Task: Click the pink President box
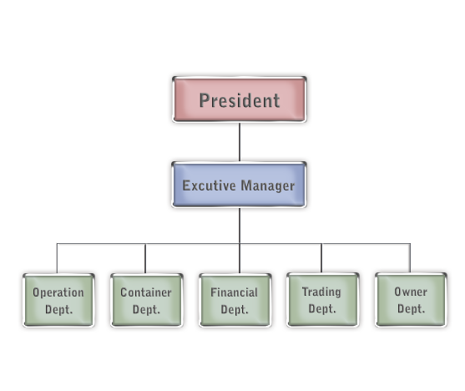point(240,99)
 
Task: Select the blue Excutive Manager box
point(239,185)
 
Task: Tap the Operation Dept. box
point(58,300)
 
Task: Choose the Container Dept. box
point(146,300)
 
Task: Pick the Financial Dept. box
point(235,300)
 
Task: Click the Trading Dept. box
point(323,300)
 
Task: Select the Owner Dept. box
point(411,300)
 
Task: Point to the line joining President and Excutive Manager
point(240,142)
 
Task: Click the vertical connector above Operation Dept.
point(57,258)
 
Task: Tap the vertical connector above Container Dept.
point(145,258)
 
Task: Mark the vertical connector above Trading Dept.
point(321,258)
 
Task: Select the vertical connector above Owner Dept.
point(410,258)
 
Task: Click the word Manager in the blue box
point(268,186)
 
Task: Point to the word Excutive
point(209,185)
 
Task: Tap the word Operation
point(58,292)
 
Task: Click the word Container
point(146,292)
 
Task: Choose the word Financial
point(235,292)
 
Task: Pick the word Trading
point(321,292)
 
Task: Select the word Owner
point(411,292)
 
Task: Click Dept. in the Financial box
point(235,309)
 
